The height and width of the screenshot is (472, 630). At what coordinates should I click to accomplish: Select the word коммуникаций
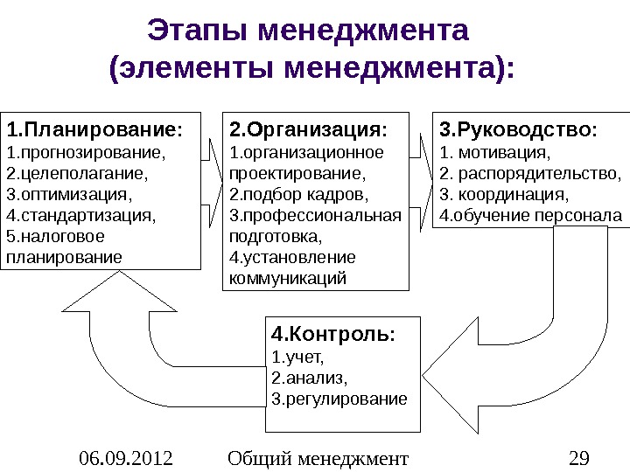pos(287,278)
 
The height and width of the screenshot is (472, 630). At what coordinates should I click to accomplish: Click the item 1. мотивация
pos(495,153)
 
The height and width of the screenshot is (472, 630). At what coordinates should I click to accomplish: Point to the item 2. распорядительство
pos(528,173)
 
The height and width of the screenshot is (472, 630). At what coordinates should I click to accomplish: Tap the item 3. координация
pos(504,193)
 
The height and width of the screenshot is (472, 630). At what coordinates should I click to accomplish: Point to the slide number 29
pos(578,457)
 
